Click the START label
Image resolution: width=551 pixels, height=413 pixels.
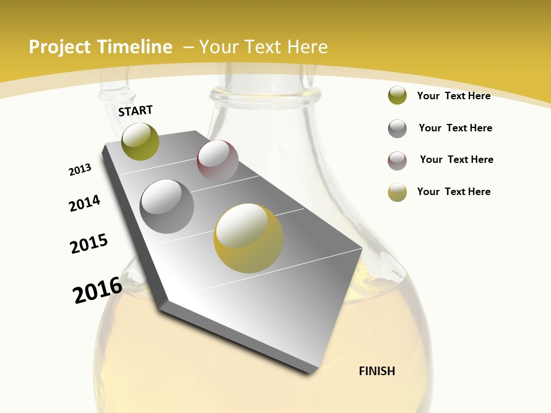click(135, 111)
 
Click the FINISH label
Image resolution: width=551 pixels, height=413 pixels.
click(377, 371)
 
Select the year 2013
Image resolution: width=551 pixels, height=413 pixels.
click(80, 170)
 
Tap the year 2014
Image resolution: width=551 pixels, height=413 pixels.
click(85, 203)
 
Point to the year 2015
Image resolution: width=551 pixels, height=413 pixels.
click(89, 244)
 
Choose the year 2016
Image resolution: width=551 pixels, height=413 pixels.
click(98, 290)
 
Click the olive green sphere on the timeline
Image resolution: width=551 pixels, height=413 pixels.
click(141, 141)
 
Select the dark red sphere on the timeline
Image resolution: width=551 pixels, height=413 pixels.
click(218, 160)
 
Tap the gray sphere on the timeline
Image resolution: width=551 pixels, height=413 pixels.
click(167, 206)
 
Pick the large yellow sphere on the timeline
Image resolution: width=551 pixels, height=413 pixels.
click(249, 238)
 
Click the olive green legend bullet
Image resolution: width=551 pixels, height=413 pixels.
click(397, 95)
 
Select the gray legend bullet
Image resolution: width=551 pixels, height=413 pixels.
click(397, 128)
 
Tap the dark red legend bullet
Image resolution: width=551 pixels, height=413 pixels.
click(397, 161)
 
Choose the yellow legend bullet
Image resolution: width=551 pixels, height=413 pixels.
click(397, 192)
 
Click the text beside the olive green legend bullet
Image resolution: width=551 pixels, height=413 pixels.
click(453, 96)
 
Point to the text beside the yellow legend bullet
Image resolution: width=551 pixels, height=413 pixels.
click(453, 192)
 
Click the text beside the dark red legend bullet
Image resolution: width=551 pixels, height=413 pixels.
click(456, 159)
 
